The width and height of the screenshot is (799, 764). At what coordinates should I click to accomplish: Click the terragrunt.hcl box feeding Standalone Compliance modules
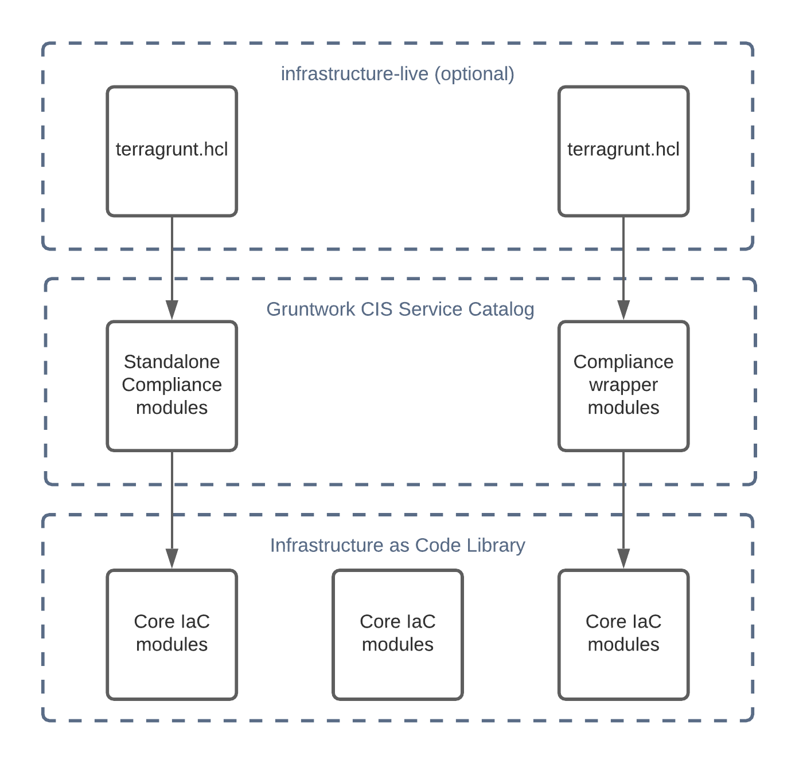coord(172,151)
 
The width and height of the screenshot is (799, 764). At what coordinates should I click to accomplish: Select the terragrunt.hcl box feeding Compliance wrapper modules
coord(623,151)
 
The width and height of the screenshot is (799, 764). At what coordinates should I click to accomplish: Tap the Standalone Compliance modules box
coord(172,386)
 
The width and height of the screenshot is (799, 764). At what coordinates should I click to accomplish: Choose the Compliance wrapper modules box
coord(623,386)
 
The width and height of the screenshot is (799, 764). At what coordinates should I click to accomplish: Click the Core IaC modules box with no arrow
coord(397,634)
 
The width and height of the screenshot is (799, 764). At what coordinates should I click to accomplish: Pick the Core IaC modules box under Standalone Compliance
coord(172,634)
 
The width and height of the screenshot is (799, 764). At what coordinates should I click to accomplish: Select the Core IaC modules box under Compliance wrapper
coord(623,634)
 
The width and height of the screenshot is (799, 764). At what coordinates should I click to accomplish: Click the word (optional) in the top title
coord(474,74)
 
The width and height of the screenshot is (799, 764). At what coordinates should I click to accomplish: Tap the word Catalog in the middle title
coord(501,309)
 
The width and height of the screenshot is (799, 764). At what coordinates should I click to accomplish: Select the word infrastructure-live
coord(354,74)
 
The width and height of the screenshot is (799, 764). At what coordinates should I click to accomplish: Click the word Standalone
coord(172,362)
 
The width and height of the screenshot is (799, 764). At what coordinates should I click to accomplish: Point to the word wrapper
coord(623,385)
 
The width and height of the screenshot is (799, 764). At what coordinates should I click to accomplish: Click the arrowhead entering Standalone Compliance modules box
coord(172,310)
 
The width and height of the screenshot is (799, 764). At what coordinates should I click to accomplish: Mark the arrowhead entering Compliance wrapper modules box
coord(623,310)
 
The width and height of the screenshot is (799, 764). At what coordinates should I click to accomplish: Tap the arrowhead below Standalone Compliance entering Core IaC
coord(172,558)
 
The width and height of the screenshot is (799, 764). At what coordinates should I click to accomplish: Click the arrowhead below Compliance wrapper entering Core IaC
coord(623,558)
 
